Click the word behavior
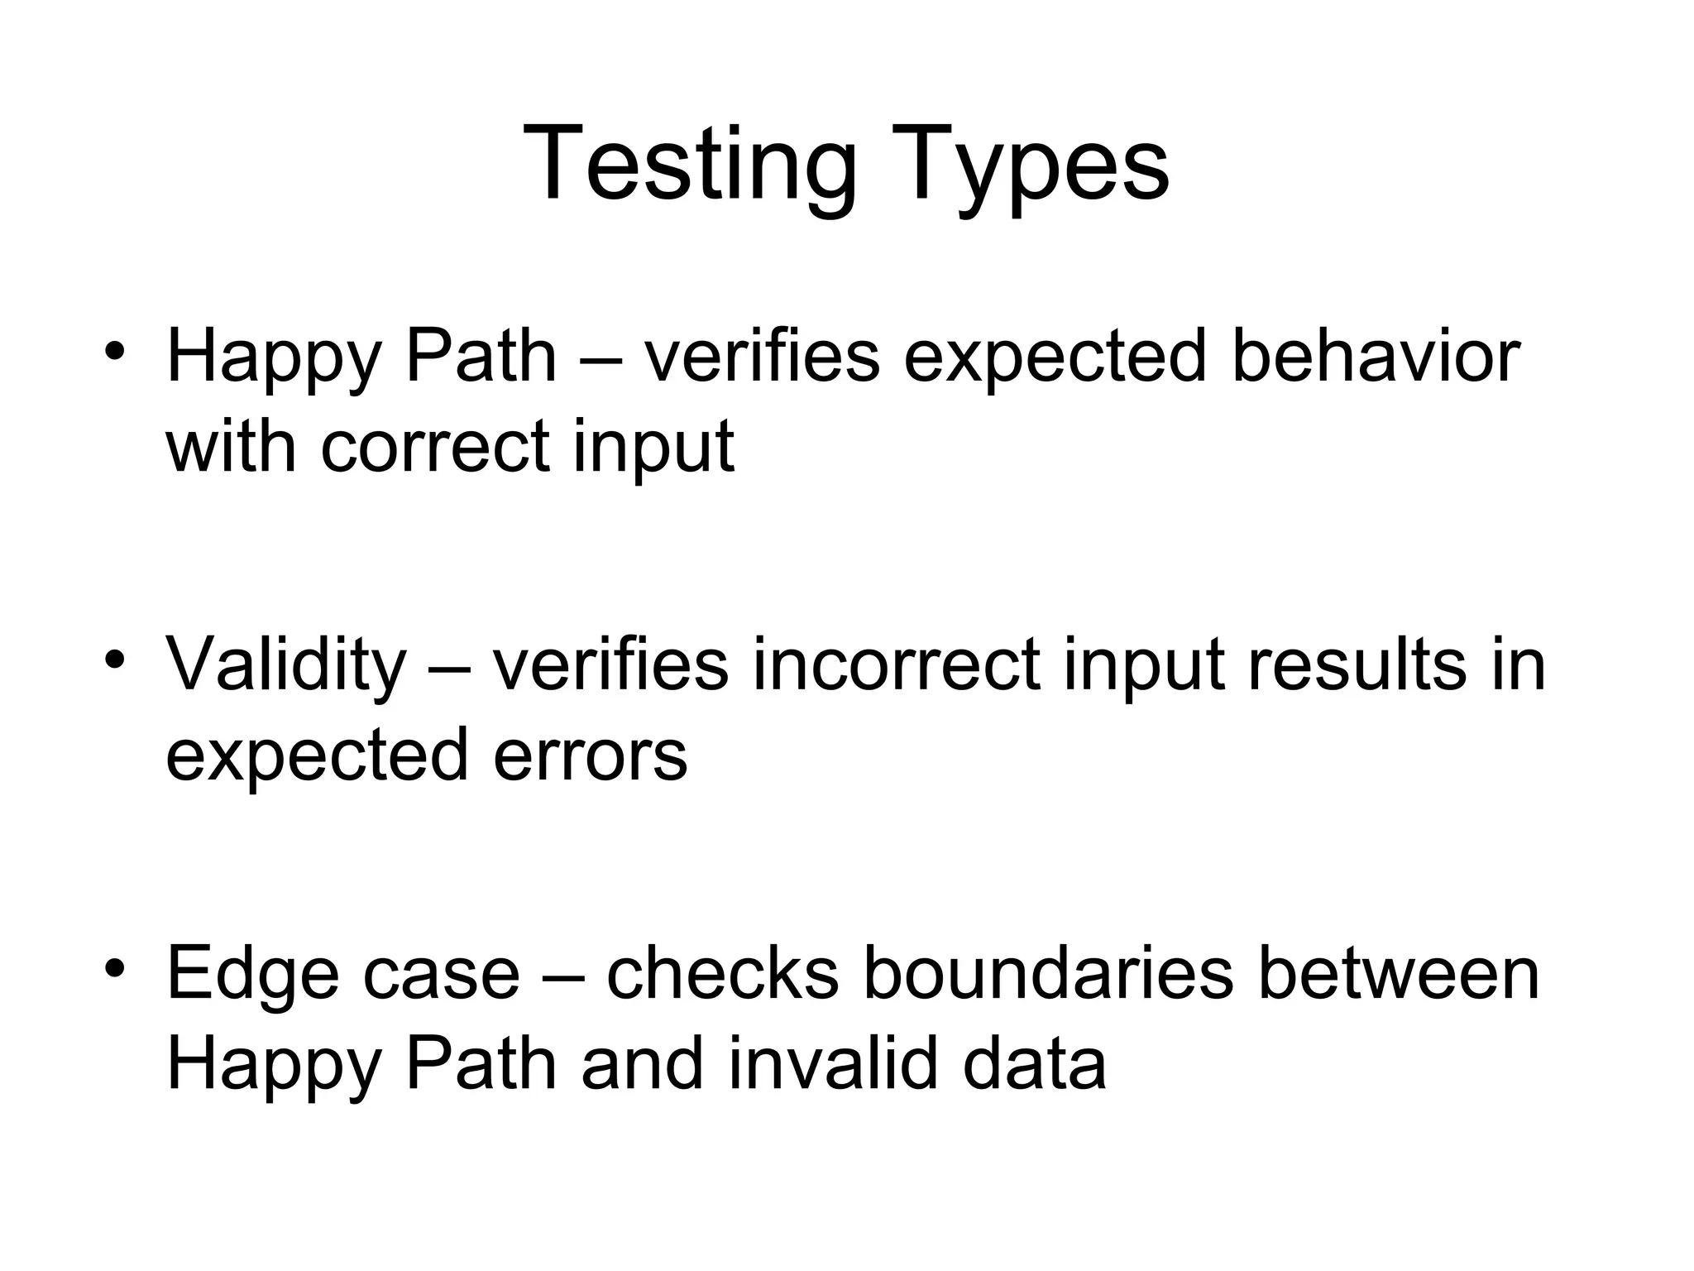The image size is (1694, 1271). tap(1375, 357)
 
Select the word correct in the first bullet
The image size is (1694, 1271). tap(436, 447)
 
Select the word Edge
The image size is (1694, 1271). tap(252, 975)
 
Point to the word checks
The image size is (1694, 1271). tap(722, 975)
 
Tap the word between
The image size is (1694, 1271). tap(1398, 975)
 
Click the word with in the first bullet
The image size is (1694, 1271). tap(231, 447)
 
